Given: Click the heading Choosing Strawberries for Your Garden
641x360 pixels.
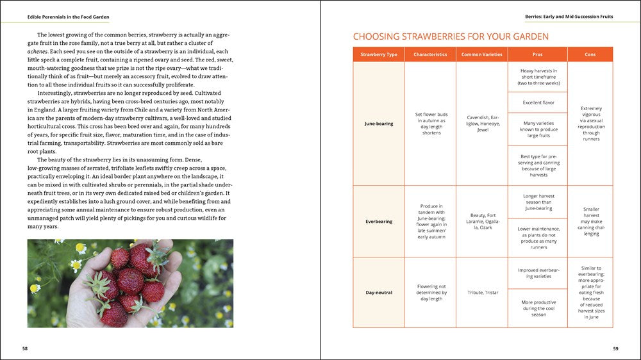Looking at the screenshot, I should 451,37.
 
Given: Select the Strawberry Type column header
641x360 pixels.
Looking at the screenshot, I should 378,54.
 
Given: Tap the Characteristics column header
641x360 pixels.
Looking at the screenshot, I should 430,54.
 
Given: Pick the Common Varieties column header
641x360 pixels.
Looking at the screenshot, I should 481,54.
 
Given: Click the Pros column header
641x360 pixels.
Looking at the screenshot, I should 537,54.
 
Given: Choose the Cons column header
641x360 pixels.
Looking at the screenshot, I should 590,54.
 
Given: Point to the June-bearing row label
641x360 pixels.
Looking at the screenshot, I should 378,124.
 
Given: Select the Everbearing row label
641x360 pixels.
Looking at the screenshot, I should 378,222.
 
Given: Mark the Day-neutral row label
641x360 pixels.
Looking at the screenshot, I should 378,293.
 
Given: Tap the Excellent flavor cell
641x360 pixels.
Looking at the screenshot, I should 537,102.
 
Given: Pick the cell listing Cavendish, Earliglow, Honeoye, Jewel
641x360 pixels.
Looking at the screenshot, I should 481,124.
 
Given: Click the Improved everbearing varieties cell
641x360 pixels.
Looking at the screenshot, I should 537,273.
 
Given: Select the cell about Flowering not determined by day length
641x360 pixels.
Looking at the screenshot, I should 430,293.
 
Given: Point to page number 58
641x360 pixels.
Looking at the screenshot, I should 25,348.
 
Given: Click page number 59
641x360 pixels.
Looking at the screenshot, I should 615,348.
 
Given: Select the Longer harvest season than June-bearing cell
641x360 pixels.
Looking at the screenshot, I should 537,202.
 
